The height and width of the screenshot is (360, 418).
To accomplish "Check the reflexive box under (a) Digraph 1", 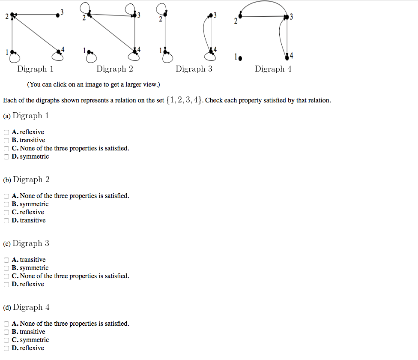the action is coord(6,132).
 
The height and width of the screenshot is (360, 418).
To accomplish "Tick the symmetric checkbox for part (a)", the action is coord(6,157).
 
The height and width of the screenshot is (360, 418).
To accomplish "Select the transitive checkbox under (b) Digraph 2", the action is coord(6,221).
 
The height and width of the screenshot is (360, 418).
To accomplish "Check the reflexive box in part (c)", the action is coord(6,285).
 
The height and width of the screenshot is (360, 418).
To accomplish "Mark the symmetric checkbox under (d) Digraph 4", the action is coord(6,340).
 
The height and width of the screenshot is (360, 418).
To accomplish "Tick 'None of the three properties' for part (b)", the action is coord(6,196).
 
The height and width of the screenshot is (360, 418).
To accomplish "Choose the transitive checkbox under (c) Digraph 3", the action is coord(6,260).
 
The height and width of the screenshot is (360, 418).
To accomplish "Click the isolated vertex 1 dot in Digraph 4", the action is coord(240,57).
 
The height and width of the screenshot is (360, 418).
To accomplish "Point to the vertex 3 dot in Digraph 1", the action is coord(58,15).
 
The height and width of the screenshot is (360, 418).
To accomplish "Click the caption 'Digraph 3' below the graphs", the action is coord(194,69).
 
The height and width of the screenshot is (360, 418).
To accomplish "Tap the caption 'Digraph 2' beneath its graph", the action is coord(115,69).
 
